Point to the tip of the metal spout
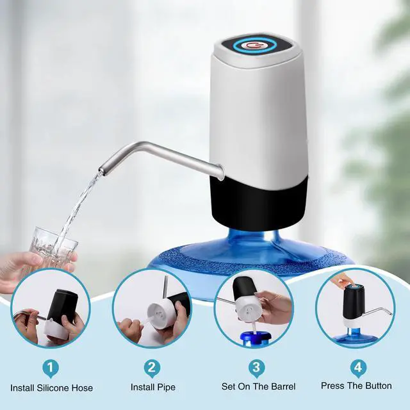point(101,170)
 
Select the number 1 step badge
point(51,369)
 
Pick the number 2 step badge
point(152,368)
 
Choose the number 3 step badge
point(256,368)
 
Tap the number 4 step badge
point(358,368)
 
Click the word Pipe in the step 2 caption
point(165,388)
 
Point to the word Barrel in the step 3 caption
point(283,386)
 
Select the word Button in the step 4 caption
point(379,386)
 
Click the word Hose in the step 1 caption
point(83,388)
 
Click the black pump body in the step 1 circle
point(63,305)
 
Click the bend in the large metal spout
point(142,145)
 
